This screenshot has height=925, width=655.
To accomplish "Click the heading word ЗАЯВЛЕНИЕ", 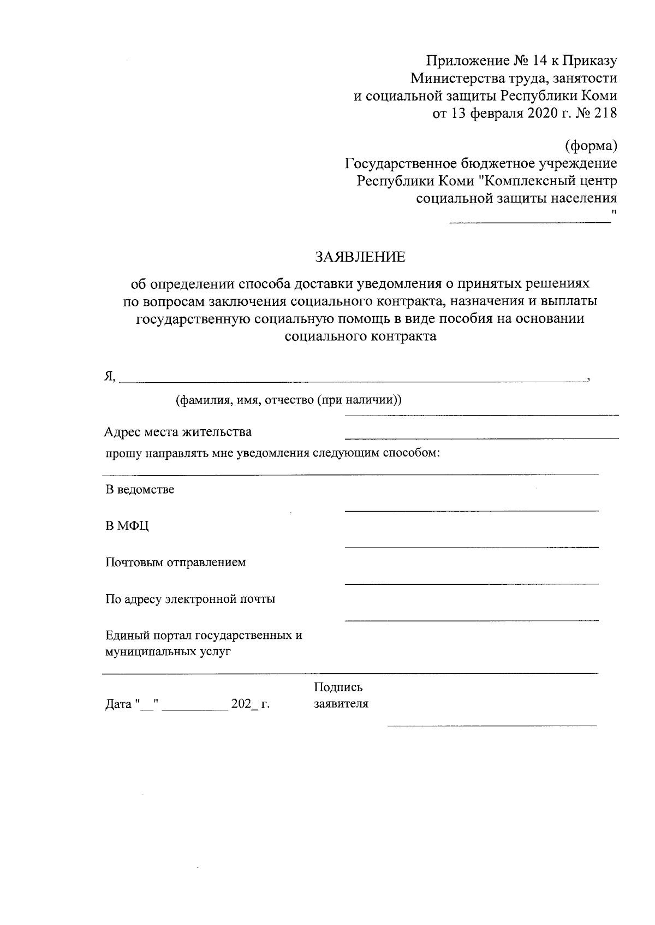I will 360,256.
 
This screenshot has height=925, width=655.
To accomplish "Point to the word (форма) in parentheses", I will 591,146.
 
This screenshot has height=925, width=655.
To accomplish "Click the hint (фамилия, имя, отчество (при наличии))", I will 288,400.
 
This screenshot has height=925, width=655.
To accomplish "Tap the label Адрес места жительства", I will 178,432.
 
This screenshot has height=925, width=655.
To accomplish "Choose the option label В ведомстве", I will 140,489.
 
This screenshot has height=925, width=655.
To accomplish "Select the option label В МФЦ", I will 127,526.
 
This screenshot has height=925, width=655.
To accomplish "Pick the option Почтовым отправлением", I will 175,562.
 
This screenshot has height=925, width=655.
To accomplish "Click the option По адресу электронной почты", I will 190,599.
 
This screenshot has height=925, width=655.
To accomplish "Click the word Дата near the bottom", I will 118,704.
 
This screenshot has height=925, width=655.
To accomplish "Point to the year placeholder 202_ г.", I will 251,704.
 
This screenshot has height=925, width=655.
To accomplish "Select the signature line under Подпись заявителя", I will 491,725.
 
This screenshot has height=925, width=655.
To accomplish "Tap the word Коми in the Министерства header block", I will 600,96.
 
